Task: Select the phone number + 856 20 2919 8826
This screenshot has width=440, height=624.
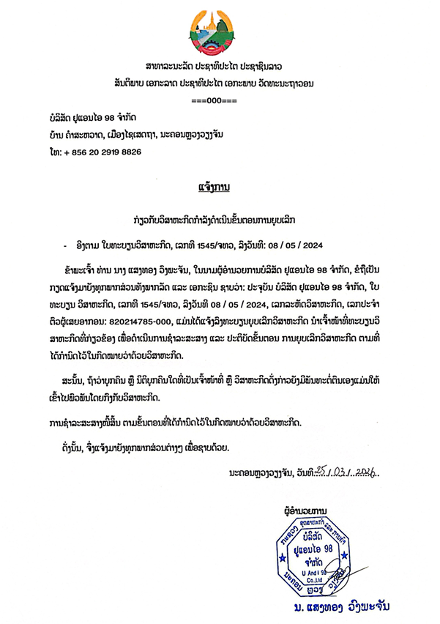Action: tap(100, 152)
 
